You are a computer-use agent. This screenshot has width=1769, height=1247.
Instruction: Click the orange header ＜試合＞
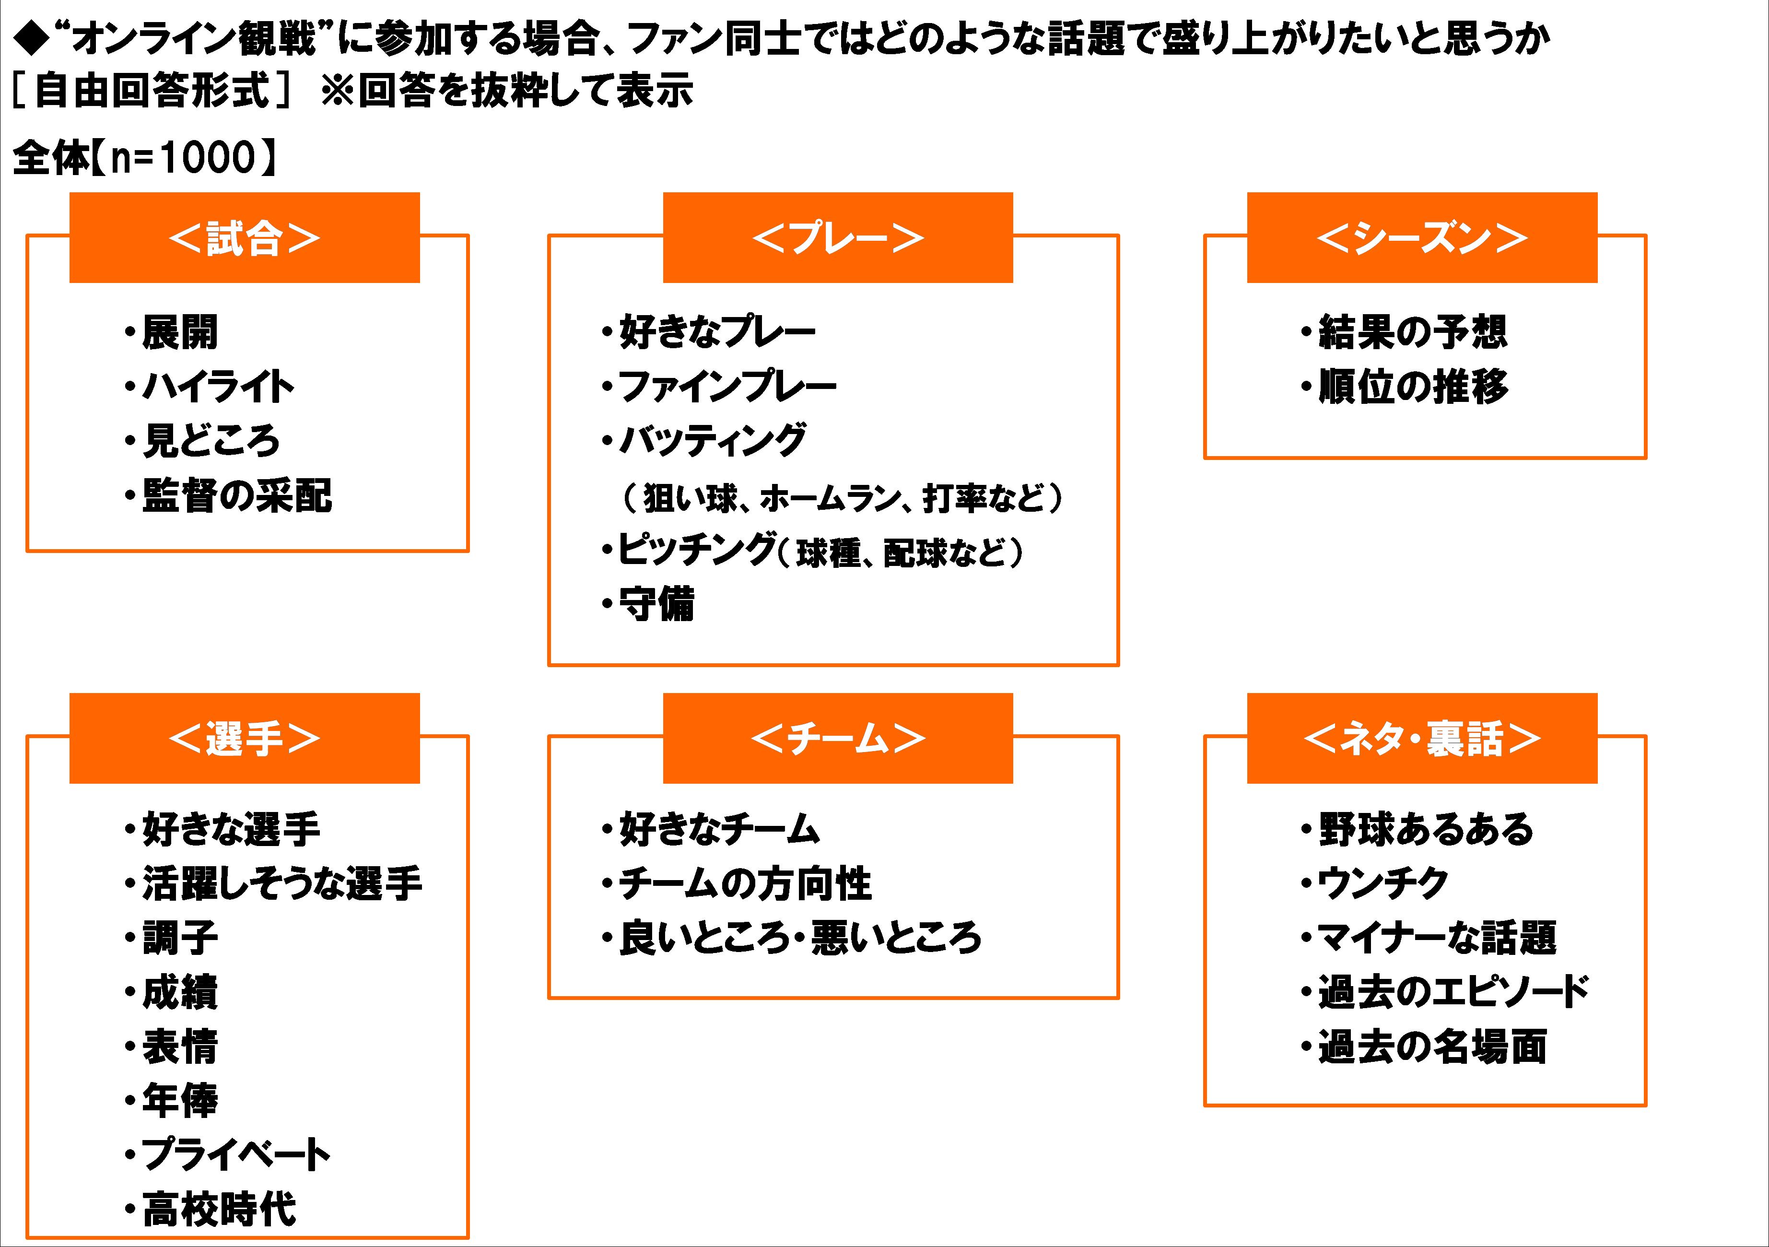tap(244, 238)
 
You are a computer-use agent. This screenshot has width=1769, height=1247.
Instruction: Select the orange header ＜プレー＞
tap(837, 238)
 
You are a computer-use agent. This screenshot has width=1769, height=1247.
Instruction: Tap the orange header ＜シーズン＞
tap(1421, 238)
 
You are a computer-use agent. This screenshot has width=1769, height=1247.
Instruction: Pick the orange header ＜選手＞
tap(244, 738)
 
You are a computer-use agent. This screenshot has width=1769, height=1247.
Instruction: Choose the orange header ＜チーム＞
tap(837, 738)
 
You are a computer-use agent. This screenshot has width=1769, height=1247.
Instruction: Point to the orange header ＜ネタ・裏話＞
tap(1421, 738)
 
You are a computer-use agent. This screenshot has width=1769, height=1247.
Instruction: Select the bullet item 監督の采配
tap(236, 495)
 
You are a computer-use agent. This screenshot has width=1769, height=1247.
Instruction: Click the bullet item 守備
tap(656, 604)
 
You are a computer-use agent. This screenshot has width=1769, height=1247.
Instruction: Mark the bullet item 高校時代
tap(219, 1209)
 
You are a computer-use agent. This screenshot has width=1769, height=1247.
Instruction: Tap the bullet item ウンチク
tap(1382, 884)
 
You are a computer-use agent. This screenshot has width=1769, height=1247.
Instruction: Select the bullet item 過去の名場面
tap(1431, 1047)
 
